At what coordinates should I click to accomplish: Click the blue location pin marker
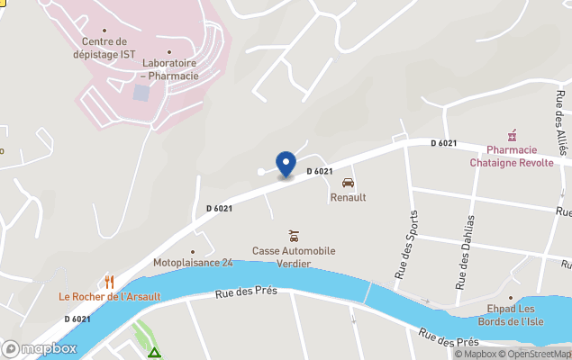click(286, 164)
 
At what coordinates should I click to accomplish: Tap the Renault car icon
click(348, 183)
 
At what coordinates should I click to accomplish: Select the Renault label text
click(348, 197)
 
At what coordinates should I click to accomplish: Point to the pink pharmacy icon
click(512, 135)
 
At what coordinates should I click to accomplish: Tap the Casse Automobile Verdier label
click(294, 256)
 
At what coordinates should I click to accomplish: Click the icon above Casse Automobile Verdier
click(293, 236)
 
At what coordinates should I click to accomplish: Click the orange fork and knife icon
click(109, 282)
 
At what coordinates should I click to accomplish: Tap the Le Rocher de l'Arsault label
click(110, 297)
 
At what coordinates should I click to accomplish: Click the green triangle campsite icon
click(154, 352)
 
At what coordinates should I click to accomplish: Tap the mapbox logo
click(40, 348)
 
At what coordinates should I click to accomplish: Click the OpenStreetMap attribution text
click(539, 354)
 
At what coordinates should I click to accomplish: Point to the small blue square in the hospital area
click(141, 93)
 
